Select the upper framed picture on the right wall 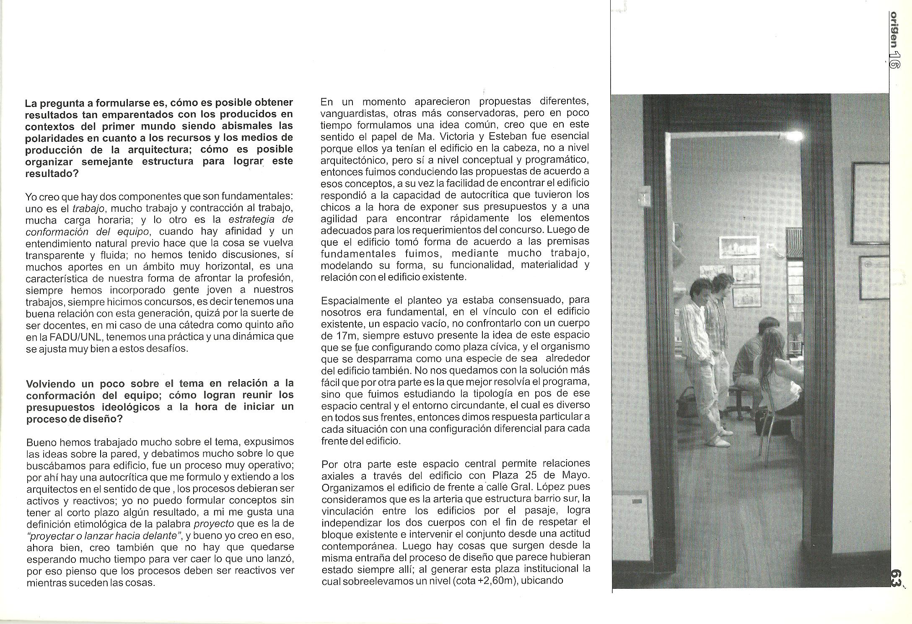[872, 203]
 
